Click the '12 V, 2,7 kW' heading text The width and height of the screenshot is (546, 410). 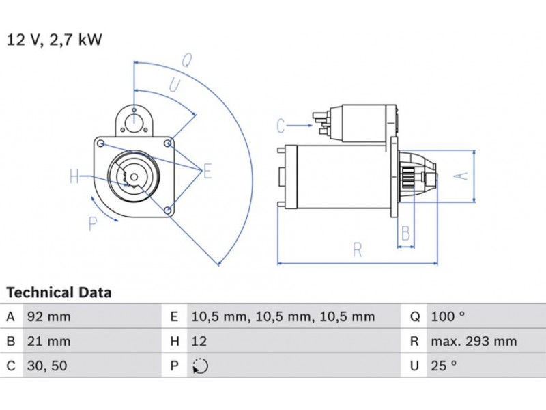(x=54, y=40)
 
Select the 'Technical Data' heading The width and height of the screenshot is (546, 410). (x=59, y=292)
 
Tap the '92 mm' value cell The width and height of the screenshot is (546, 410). (x=48, y=317)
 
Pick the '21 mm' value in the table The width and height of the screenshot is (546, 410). (x=47, y=341)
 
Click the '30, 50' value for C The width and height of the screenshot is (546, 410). (x=47, y=366)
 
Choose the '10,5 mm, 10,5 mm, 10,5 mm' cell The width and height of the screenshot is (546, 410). (x=283, y=317)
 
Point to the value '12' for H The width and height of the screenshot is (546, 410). (x=200, y=341)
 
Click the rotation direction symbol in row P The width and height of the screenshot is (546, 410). (x=200, y=366)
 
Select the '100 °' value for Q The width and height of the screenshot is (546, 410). (x=448, y=317)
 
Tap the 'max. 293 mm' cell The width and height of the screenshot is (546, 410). (x=473, y=341)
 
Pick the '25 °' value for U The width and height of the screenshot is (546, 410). (x=444, y=366)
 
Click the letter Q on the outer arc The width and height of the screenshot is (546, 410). (x=186, y=59)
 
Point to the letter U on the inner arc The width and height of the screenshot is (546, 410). (x=175, y=85)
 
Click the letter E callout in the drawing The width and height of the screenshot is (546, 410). (x=207, y=171)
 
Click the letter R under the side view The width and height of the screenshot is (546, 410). (x=357, y=250)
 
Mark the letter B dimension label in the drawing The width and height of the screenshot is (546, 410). (x=405, y=234)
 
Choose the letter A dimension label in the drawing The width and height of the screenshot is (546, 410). (x=461, y=176)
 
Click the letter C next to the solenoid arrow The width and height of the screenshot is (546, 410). (x=281, y=126)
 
